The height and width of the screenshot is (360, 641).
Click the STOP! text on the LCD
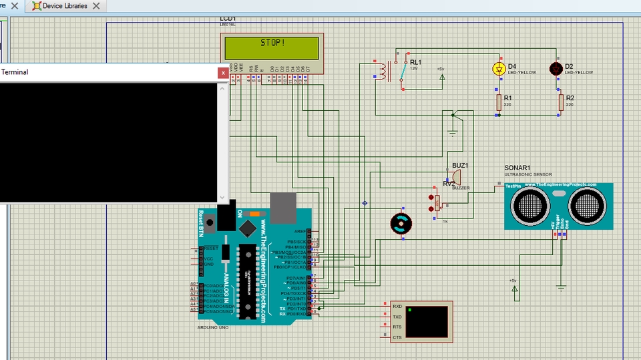click(272, 43)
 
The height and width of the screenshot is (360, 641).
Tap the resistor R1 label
click(508, 98)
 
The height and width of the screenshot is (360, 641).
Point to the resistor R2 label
click(570, 98)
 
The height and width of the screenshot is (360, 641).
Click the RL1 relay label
click(416, 62)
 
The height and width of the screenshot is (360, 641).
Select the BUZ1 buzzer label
click(460, 165)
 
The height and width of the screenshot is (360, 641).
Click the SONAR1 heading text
click(517, 168)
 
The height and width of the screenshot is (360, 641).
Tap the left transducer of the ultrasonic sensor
click(531, 203)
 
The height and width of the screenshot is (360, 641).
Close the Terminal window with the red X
click(223, 72)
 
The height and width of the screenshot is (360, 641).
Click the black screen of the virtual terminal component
click(427, 322)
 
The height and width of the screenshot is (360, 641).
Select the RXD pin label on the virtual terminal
click(397, 305)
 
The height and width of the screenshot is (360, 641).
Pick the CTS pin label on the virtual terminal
click(397, 338)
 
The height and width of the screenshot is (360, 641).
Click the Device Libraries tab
click(65, 6)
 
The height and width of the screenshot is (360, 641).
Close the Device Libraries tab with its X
click(96, 6)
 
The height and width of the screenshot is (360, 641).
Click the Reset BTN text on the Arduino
click(200, 223)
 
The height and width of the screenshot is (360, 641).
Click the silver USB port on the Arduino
click(282, 207)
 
